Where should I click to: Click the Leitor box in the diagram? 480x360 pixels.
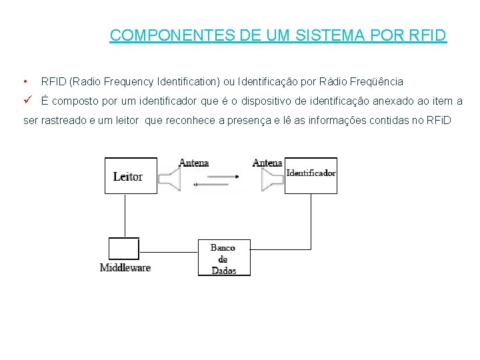click(x=131, y=175)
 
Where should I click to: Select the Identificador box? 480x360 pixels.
click(x=311, y=175)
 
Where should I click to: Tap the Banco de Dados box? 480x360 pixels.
click(x=224, y=258)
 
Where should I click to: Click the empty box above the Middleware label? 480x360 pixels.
click(x=124, y=249)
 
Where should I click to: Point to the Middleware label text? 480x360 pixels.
click(x=125, y=268)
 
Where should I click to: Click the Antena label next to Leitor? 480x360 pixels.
click(x=193, y=163)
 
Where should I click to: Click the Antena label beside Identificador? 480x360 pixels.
click(x=267, y=163)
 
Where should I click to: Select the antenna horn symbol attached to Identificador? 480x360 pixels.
click(x=271, y=179)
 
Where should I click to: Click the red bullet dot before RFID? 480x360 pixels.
click(x=24, y=82)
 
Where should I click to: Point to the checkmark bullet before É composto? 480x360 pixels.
click(x=27, y=101)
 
